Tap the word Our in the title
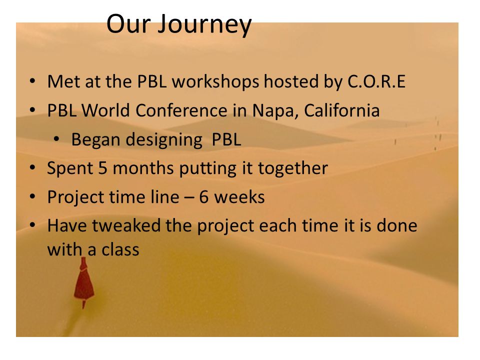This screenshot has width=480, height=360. (129, 24)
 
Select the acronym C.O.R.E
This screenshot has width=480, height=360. (376, 81)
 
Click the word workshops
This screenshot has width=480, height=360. (215, 82)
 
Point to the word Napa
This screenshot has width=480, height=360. (275, 111)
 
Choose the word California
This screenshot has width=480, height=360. (342, 110)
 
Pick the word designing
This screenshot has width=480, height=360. (164, 140)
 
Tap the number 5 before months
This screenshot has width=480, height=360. (103, 168)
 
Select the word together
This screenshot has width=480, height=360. (293, 168)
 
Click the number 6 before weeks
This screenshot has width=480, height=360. (204, 197)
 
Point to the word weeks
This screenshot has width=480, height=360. (239, 197)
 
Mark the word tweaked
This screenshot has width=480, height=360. (126, 225)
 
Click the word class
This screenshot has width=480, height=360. (120, 249)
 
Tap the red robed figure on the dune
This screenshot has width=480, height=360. (83, 282)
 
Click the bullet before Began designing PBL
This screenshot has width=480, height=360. (56, 139)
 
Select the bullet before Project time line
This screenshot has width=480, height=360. (32, 196)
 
